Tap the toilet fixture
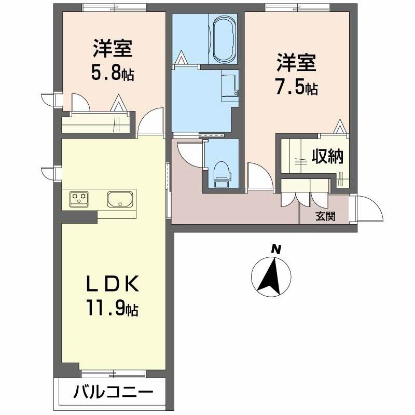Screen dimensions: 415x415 pos(221,172)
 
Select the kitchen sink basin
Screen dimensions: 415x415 pos(120,199)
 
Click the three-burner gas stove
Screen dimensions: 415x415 pos(79,198)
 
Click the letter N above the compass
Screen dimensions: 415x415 pos(277,249)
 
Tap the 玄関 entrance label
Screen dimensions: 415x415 pos(325,216)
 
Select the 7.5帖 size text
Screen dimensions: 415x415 pos(296,88)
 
